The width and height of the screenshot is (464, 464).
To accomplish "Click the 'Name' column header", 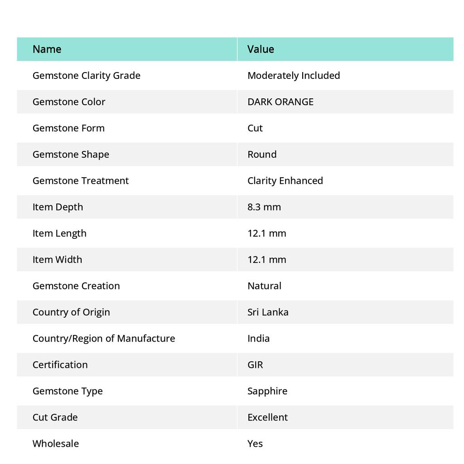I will point(47,49).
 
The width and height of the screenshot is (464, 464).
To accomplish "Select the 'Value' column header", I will point(261,49).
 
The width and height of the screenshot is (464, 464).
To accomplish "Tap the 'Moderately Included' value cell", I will point(294,75).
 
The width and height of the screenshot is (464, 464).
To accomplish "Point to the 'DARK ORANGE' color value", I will point(280,101).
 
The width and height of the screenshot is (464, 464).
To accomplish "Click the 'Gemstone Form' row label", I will point(68,128).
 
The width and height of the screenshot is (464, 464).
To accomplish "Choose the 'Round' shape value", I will point(262,154).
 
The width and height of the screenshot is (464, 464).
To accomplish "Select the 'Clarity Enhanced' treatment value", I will point(285,180).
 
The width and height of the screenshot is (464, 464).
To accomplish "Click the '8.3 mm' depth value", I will point(264,207).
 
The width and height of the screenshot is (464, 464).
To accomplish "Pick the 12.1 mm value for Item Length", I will point(267,233).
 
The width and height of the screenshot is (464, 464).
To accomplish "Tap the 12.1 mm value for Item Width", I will point(267,259).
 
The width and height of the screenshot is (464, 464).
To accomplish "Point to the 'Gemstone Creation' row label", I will point(76,285).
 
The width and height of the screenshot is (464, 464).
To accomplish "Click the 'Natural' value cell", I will point(264,285).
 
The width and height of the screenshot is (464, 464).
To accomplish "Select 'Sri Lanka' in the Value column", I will point(268,312).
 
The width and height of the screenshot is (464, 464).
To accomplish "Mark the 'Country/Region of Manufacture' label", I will point(104,338).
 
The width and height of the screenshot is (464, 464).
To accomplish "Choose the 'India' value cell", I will point(258,338).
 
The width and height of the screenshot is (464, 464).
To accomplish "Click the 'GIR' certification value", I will point(255,364).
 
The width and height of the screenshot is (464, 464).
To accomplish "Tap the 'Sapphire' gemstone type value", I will point(267,391).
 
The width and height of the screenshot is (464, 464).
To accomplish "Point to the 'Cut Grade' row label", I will point(55,417).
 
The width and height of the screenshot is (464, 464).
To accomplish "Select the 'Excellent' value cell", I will point(267,417).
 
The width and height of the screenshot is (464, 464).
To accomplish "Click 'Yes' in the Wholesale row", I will point(255,443).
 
